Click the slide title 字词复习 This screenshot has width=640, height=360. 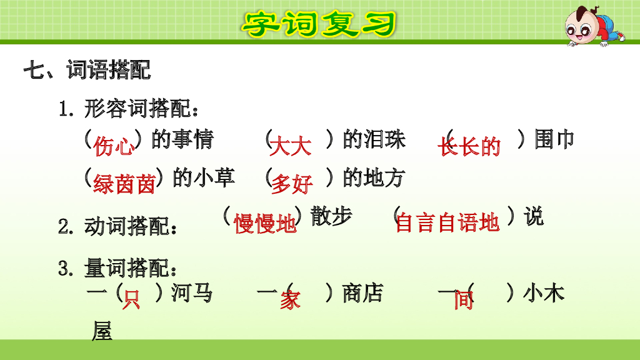click(x=319, y=24)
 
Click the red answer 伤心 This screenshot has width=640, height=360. click(x=114, y=147)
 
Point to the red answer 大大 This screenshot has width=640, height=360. click(x=291, y=147)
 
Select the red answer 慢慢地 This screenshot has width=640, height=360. click(x=265, y=223)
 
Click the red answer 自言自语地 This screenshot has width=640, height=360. click(x=447, y=222)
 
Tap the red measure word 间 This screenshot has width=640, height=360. click(x=464, y=301)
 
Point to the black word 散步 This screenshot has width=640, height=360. click(x=331, y=216)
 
